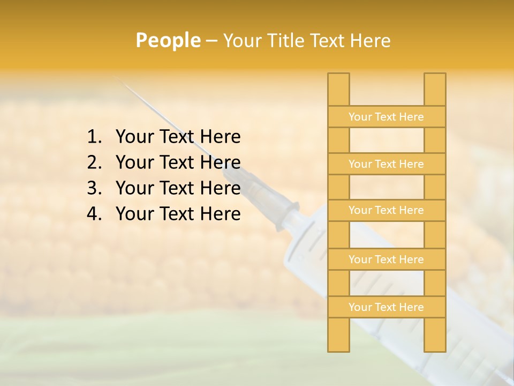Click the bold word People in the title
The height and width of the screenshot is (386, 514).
click(x=168, y=41)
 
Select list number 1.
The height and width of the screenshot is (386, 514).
click(x=94, y=137)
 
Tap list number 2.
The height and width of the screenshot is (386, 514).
click(x=94, y=162)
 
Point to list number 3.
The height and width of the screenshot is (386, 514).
click(x=94, y=188)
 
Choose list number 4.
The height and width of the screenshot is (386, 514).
click(x=94, y=214)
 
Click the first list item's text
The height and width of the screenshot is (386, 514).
click(x=178, y=137)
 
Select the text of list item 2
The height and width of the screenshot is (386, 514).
click(x=178, y=162)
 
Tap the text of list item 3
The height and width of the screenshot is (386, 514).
click(x=178, y=188)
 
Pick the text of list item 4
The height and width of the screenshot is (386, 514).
click(x=178, y=214)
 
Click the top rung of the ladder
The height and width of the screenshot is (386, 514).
click(x=386, y=117)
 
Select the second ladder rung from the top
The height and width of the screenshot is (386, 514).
click(x=386, y=164)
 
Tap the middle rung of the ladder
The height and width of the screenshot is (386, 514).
click(x=386, y=210)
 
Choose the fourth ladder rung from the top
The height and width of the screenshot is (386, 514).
click(x=386, y=259)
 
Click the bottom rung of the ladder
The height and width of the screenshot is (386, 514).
click(x=386, y=307)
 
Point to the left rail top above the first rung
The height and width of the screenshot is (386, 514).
click(x=338, y=90)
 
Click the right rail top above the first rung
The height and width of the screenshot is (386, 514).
click(x=435, y=90)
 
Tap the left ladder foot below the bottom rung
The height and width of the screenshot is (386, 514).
click(x=338, y=335)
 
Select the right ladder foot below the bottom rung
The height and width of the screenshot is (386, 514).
click(x=435, y=335)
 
